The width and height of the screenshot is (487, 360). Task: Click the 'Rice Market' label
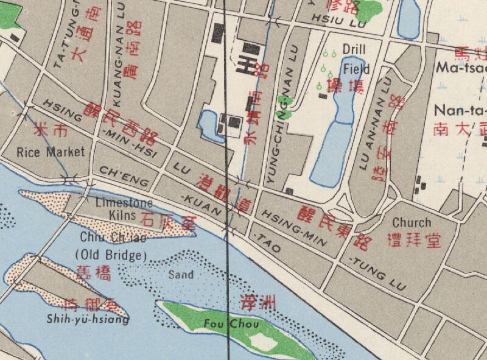pos(51,152)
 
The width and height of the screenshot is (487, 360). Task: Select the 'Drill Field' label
pos(356,59)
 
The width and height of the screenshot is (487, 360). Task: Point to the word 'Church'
pos(411,222)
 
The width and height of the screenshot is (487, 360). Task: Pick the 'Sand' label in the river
pos(181,275)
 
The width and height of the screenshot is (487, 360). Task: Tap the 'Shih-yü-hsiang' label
pos(88,318)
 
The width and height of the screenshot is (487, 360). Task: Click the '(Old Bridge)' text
pos(109,253)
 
